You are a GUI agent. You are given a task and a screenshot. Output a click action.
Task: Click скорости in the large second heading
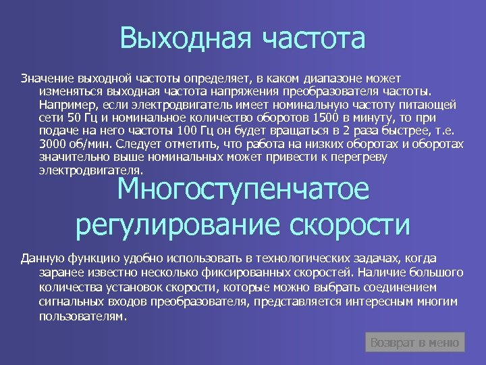[x=351, y=224]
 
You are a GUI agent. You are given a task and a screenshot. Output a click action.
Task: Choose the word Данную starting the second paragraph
[x=43, y=259]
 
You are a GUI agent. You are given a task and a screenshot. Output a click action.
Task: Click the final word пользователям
[x=82, y=315]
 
